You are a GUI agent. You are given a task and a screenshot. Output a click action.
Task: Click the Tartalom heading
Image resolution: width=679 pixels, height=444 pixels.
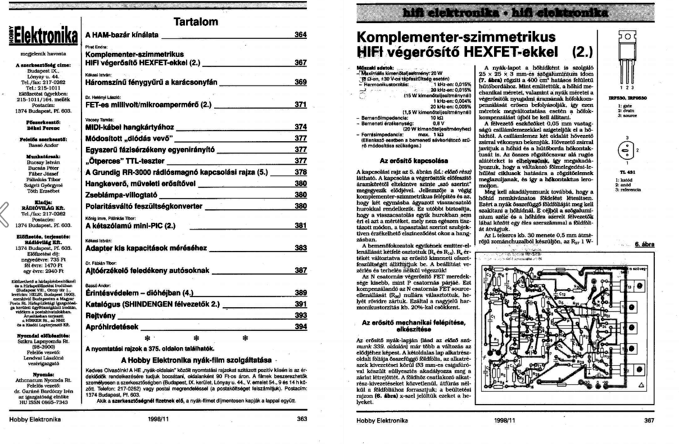(196, 22)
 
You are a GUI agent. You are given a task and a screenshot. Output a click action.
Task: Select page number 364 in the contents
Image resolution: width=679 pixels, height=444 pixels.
(301, 35)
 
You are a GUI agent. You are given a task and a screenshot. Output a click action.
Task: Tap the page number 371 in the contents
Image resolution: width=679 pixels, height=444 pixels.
(301, 105)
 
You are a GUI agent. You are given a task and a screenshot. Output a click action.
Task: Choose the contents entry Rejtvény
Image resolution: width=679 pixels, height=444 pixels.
(101, 315)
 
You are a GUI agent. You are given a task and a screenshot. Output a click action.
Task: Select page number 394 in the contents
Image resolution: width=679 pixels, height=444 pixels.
(301, 326)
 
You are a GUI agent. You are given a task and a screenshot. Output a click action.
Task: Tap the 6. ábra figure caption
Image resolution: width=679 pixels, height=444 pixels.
(644, 244)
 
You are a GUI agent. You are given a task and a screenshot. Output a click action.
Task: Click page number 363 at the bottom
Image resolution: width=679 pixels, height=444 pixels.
(302, 419)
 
